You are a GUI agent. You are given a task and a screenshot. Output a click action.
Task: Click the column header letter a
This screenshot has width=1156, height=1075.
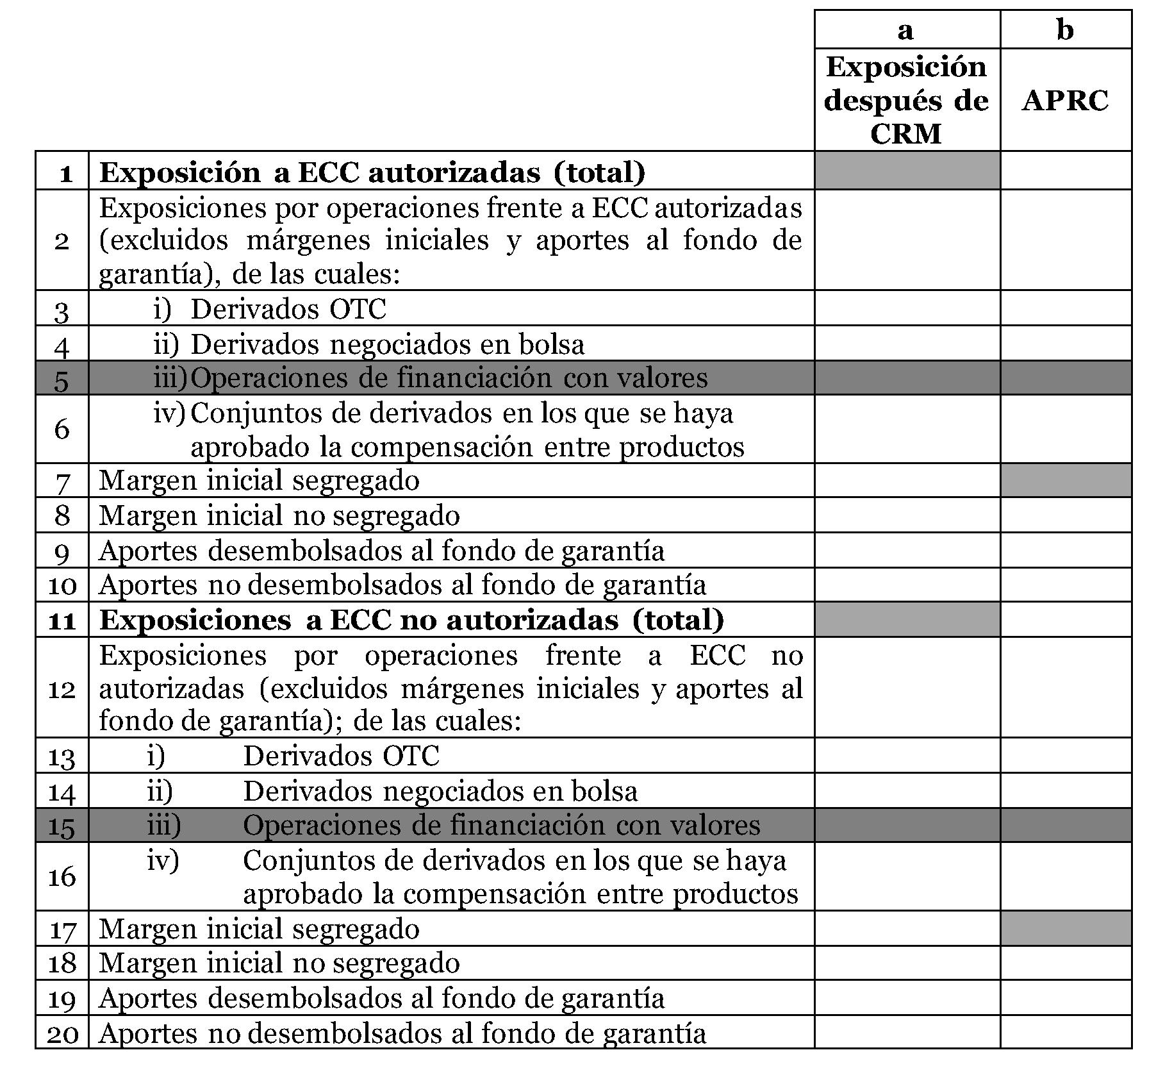905,29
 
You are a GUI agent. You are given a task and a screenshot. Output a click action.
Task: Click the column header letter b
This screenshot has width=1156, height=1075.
1064,29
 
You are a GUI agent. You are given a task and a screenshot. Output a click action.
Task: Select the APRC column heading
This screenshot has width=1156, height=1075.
1065,101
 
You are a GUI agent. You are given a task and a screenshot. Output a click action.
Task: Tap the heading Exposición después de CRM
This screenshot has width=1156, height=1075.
906,100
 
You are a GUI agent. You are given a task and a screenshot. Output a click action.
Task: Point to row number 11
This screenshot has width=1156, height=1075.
62,620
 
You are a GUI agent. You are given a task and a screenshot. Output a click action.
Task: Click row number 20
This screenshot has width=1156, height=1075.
62,1033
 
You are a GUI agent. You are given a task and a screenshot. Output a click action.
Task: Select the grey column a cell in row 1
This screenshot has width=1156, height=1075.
906,171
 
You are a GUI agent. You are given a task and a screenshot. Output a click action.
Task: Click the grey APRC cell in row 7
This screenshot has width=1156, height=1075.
1065,480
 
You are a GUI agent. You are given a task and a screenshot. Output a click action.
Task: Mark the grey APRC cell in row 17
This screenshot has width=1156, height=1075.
1065,928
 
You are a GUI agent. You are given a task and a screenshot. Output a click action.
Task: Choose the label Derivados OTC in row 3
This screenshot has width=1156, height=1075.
288,309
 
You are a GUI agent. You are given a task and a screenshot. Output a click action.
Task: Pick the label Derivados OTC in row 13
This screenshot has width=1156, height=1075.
341,756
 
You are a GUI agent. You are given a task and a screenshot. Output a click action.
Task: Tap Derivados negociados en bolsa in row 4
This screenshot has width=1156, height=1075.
387,344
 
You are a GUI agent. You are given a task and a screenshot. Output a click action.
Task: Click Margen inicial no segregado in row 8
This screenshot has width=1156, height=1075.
279,515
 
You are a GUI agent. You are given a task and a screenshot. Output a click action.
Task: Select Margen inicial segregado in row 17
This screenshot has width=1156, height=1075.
259,929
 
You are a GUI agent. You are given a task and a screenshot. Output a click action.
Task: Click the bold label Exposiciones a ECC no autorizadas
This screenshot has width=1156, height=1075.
411,620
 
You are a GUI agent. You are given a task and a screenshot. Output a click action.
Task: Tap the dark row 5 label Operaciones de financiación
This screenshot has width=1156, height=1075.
449,378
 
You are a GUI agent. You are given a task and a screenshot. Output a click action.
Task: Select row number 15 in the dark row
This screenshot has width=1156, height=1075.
62,826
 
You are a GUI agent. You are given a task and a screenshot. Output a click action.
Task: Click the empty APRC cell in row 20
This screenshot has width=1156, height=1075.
1065,1032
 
